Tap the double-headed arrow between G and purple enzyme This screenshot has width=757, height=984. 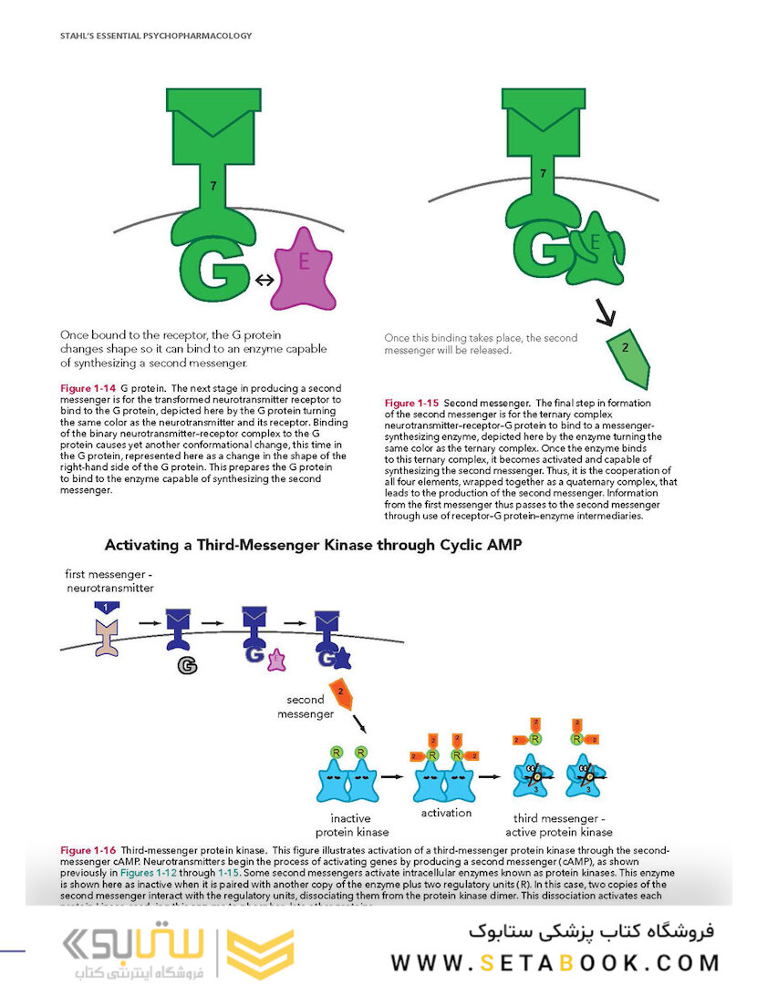(x=264, y=281)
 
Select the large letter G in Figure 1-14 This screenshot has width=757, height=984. (x=213, y=265)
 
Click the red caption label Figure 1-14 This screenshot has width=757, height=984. (x=88, y=389)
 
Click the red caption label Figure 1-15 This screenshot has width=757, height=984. (x=411, y=403)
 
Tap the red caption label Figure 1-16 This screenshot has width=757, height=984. (x=88, y=851)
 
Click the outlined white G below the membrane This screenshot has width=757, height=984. (x=187, y=666)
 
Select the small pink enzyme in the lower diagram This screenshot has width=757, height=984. (x=277, y=661)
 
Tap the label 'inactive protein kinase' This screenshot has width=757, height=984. (x=352, y=825)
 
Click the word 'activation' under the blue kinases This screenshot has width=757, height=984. (x=446, y=813)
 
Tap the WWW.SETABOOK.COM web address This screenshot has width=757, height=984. (x=555, y=962)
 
